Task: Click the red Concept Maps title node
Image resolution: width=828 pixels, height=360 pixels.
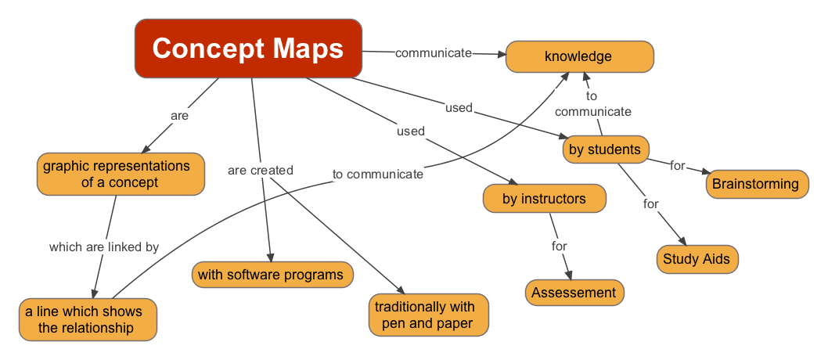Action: (x=248, y=49)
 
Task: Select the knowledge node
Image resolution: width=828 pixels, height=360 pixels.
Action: (x=579, y=56)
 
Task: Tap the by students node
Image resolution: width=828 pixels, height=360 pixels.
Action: (x=605, y=149)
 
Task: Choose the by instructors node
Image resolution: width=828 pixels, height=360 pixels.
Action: (x=545, y=199)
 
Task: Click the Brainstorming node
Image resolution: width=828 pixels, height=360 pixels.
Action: (x=756, y=185)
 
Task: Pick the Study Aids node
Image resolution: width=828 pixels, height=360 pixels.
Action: (x=697, y=259)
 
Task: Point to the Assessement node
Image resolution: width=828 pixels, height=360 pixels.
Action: (x=574, y=293)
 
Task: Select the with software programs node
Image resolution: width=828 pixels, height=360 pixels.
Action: (x=271, y=275)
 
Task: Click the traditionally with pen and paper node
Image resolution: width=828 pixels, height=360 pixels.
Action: (x=428, y=315)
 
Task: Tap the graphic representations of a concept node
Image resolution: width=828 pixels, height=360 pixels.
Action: (x=120, y=174)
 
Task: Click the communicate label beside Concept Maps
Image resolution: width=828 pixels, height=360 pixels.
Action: (x=434, y=53)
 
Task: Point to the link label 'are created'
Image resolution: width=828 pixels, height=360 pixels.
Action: (x=261, y=170)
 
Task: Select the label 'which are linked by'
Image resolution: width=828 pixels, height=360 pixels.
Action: (x=104, y=247)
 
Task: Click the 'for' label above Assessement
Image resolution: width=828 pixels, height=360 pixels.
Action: (x=559, y=246)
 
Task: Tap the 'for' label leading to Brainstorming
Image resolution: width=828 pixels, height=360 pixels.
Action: (x=678, y=165)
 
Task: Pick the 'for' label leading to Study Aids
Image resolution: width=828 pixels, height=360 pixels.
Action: (x=651, y=203)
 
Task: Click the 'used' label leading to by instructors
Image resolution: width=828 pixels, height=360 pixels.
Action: (x=411, y=131)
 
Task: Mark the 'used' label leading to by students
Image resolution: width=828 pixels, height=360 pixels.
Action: (x=459, y=107)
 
